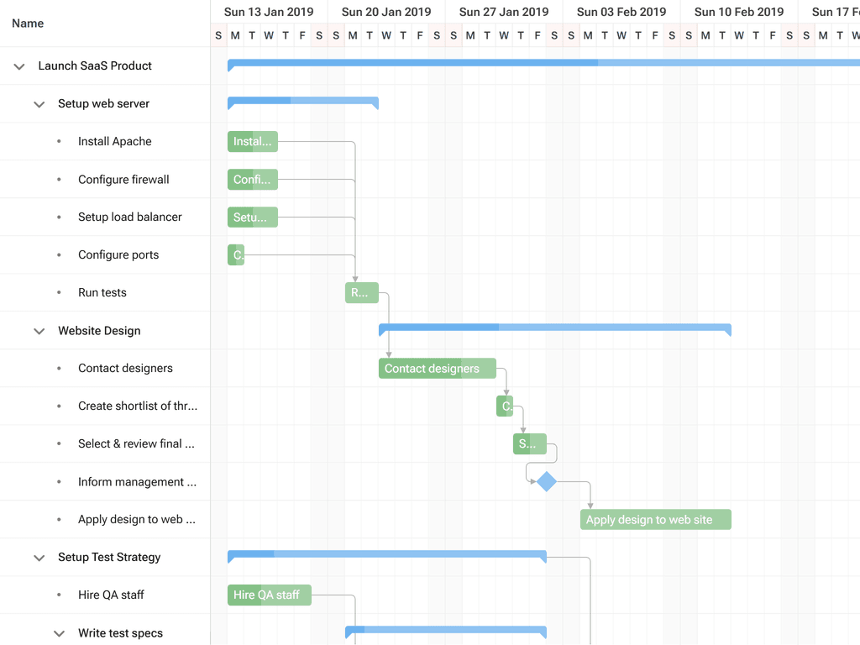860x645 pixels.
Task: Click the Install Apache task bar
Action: point(252,142)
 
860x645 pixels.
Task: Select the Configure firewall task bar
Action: point(252,180)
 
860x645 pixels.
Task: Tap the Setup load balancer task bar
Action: point(252,218)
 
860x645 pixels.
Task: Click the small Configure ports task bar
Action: point(236,254)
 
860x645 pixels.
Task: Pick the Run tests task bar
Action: point(361,293)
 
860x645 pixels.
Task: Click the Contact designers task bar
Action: point(437,369)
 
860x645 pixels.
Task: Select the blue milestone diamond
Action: point(547,482)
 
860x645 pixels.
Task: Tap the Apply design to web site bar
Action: point(655,520)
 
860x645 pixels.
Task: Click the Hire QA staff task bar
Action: point(269,595)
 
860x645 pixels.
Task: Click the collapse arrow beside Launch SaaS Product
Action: point(19,66)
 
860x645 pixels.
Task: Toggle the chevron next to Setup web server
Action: point(39,104)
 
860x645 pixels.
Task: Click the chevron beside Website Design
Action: point(39,331)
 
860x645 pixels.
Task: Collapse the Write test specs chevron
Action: point(59,633)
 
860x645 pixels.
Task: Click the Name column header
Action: point(28,24)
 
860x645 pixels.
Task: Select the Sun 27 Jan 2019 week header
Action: point(504,12)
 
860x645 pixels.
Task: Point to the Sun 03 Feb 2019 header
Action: point(621,12)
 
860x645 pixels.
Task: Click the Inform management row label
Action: point(137,482)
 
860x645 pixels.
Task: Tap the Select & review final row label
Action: point(136,443)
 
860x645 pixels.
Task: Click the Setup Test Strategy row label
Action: point(109,558)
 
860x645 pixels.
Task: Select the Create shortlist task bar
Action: point(505,406)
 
